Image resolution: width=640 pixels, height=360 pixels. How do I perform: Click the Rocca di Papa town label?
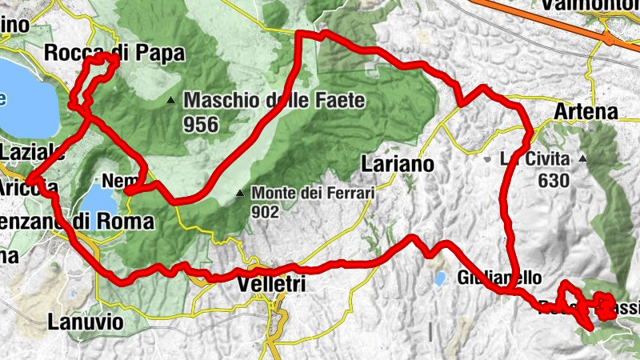(x=115, y=54)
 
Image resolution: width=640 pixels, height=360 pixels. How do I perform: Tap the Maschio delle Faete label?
(x=274, y=101)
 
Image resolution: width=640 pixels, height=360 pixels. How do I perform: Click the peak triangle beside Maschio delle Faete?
(x=170, y=101)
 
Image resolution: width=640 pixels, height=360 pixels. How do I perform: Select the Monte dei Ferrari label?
(x=313, y=193)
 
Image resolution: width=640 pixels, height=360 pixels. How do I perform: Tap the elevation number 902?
(x=264, y=212)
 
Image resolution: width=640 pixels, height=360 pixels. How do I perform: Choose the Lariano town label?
(x=398, y=164)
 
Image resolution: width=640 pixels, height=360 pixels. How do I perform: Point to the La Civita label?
(x=528, y=158)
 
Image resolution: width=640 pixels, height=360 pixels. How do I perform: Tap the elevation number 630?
(x=554, y=180)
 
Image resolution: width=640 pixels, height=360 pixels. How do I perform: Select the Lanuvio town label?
(x=86, y=322)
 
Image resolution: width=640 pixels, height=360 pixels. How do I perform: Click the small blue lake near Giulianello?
(x=439, y=279)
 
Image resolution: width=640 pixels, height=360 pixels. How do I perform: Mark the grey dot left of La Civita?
(x=487, y=158)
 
